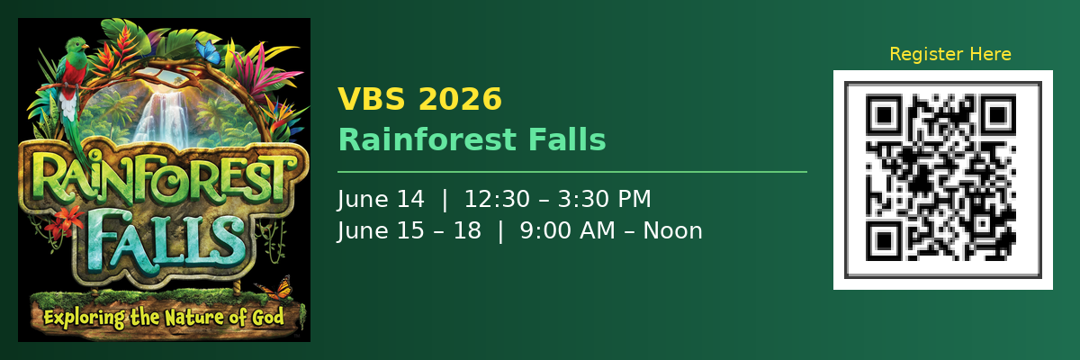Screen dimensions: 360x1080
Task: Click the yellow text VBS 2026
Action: pos(419,99)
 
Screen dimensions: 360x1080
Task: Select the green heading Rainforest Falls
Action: pos(472,139)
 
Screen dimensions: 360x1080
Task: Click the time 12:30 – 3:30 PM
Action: pos(558,199)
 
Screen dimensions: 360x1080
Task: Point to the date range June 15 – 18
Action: pos(409,230)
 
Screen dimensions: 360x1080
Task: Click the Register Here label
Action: pos(949,55)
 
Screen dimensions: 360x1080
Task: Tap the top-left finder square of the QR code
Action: pos(884,116)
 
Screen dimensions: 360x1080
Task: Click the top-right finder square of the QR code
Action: pos(996,116)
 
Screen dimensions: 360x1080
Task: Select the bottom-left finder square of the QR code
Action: pos(884,240)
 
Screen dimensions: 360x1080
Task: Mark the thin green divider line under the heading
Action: pos(571,171)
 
